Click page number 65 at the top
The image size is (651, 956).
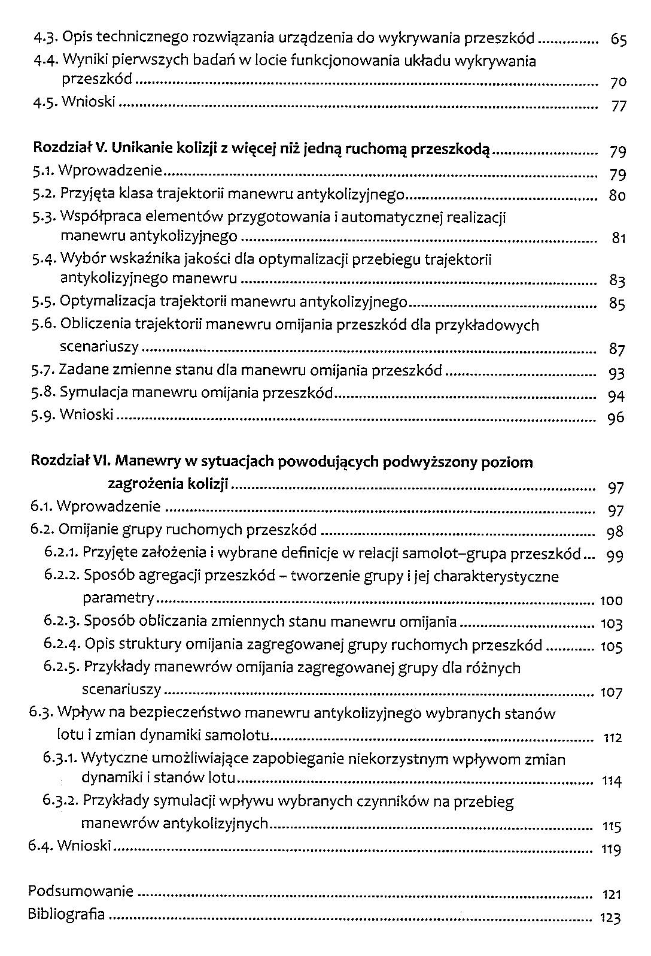pyautogui.click(x=618, y=41)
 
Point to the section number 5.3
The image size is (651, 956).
pyautogui.click(x=45, y=217)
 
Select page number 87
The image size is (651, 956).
pyautogui.click(x=617, y=349)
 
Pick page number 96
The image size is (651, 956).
pyautogui.click(x=616, y=418)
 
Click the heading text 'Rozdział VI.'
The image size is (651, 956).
pyautogui.click(x=71, y=461)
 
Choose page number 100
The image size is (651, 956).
pyautogui.click(x=611, y=601)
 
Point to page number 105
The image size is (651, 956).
pyautogui.click(x=611, y=647)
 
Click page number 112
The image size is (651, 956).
pyautogui.click(x=612, y=738)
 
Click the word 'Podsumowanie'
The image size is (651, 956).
pyautogui.click(x=81, y=891)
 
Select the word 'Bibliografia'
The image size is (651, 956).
pyautogui.click(x=66, y=915)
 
